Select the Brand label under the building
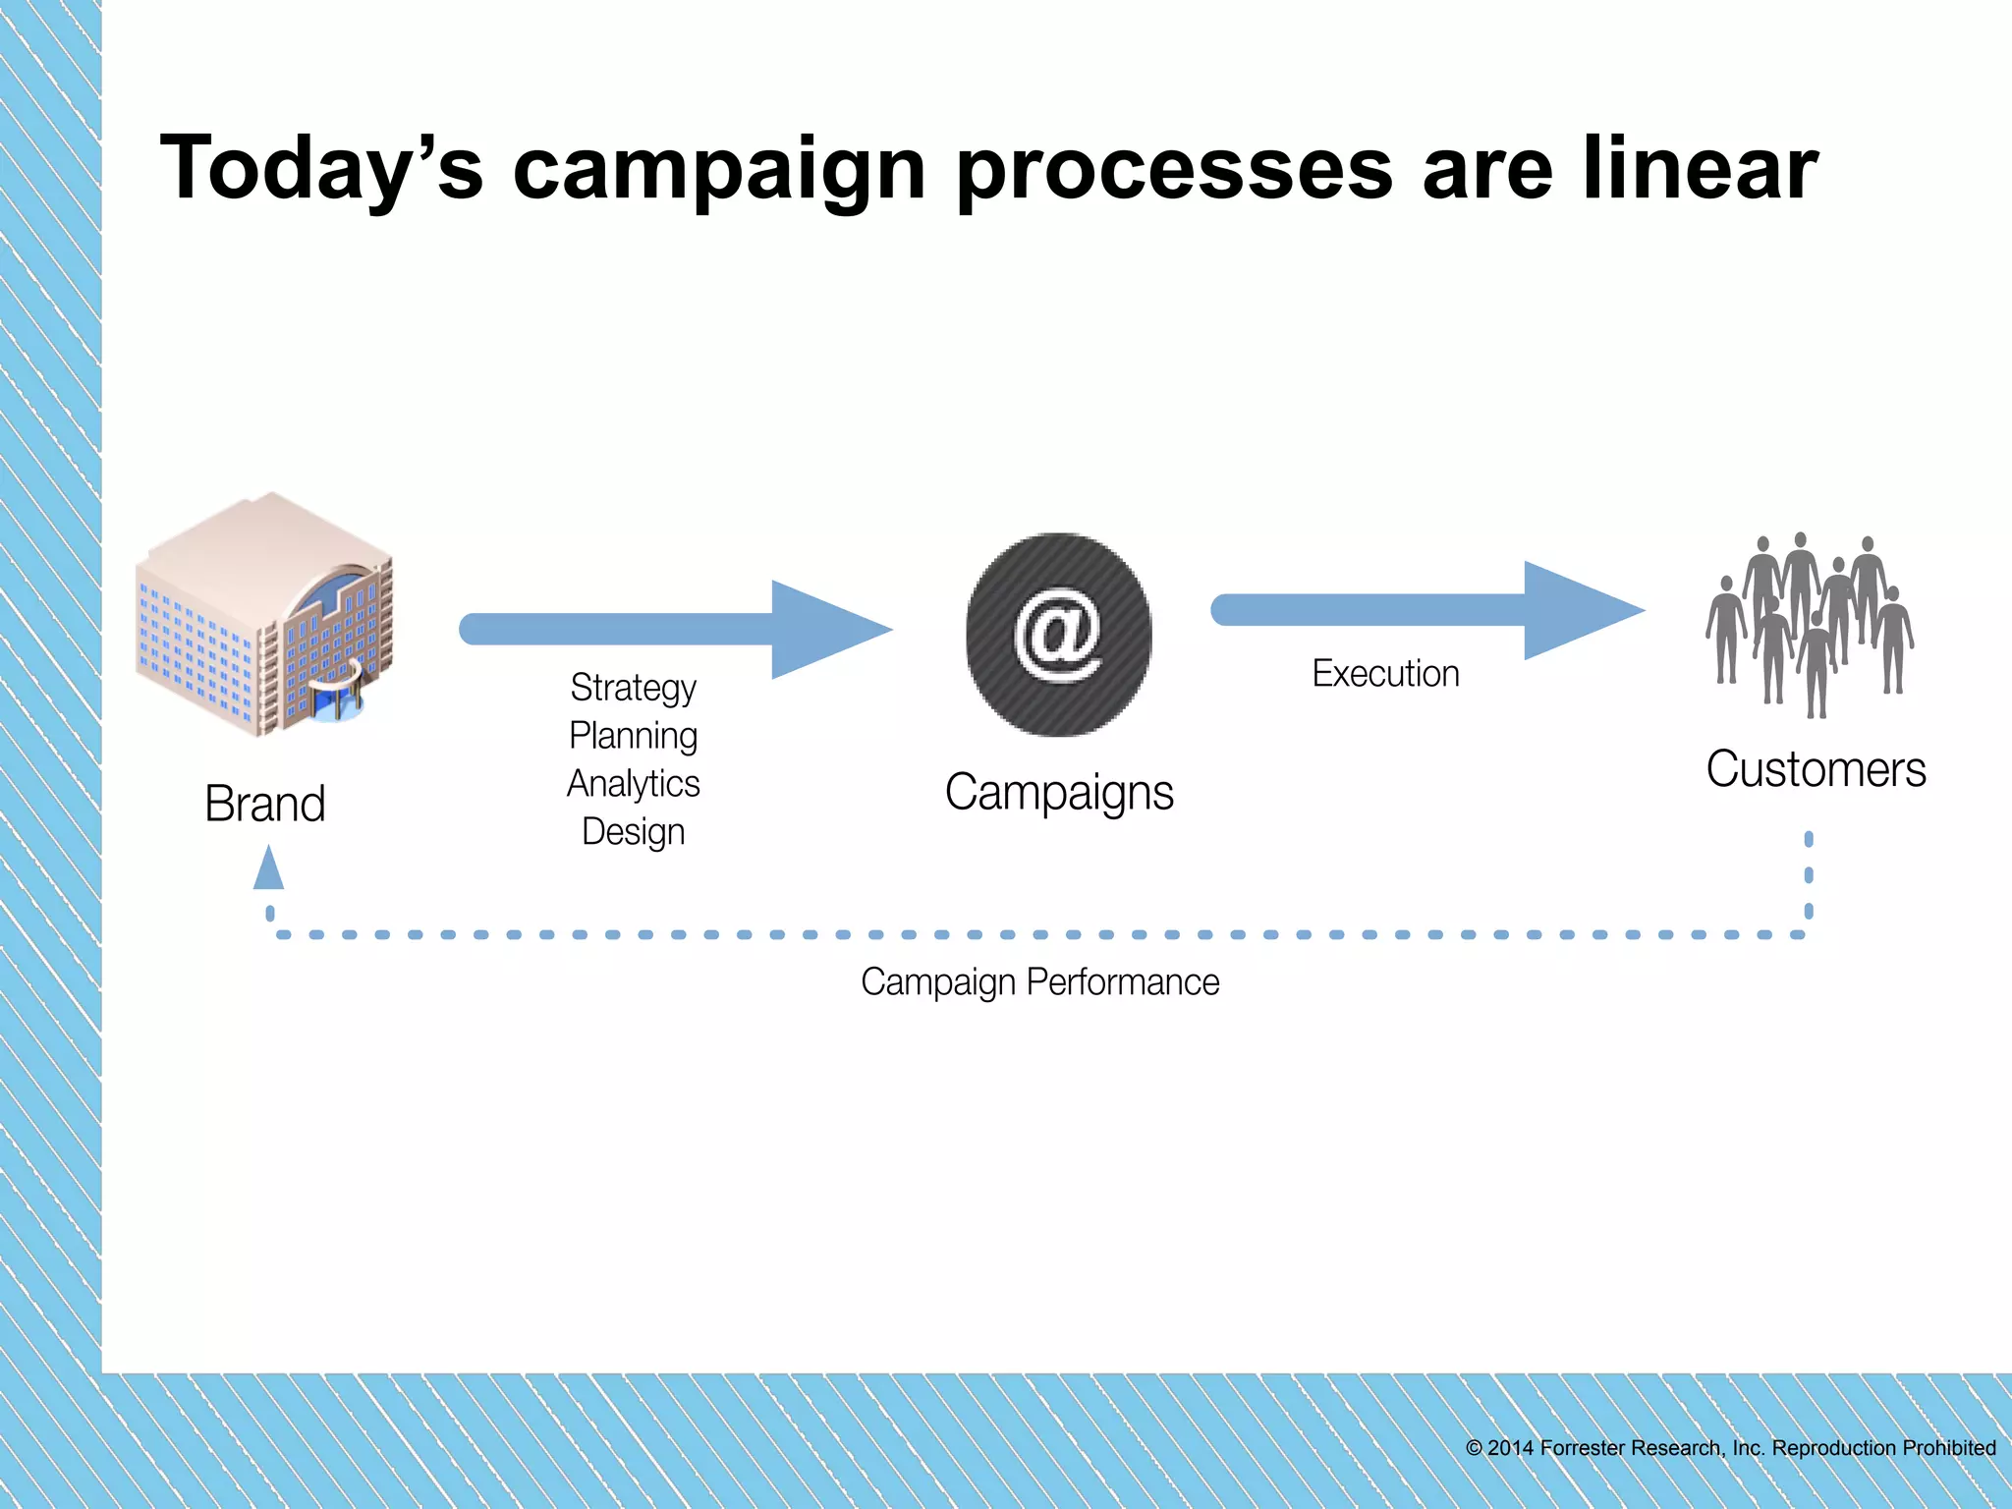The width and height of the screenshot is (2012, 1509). (264, 804)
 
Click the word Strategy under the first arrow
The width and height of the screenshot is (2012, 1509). (633, 689)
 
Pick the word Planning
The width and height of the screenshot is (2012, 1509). (633, 736)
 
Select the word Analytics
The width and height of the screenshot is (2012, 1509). (633, 784)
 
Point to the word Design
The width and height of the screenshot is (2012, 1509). (633, 832)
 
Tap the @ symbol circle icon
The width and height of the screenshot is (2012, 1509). (1058, 635)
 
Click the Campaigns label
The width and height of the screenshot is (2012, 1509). (1058, 793)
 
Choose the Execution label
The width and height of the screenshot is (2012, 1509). (1385, 674)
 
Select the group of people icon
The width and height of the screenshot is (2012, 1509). (1810, 624)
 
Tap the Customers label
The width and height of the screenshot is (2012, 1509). (1816, 769)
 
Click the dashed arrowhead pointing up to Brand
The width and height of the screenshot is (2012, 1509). (268, 868)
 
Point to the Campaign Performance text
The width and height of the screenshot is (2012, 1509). (1039, 982)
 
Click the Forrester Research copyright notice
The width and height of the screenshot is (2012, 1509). (1730, 1448)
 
